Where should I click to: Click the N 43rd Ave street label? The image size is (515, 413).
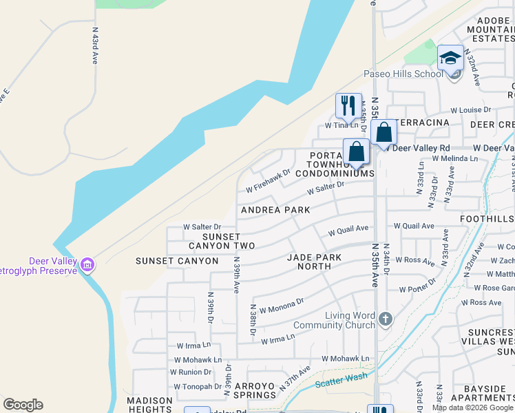click(x=95, y=46)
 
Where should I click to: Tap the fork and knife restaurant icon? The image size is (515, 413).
click(x=348, y=105)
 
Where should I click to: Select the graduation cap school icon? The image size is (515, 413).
click(x=450, y=59)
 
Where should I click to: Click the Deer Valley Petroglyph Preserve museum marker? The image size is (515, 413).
click(x=87, y=264)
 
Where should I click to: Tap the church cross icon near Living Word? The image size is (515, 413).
click(x=386, y=319)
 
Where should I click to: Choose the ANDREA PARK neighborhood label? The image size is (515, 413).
click(x=275, y=209)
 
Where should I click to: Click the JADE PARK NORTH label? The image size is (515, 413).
click(x=313, y=262)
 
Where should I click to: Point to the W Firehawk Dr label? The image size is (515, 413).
click(x=269, y=182)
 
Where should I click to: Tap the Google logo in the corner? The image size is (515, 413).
click(x=23, y=405)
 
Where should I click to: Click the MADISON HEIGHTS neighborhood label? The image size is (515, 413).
click(x=149, y=405)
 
